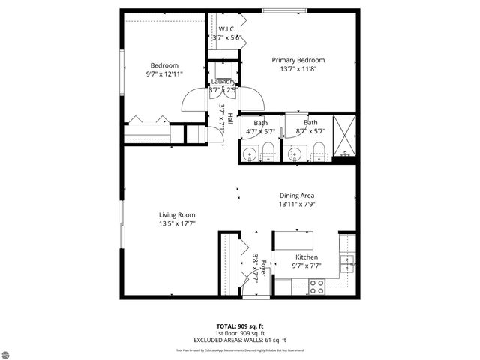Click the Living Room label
click(177, 214)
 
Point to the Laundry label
click(223, 81)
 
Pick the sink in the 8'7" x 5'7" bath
click(294, 155)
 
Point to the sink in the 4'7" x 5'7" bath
click(250, 155)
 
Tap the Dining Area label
click(297, 195)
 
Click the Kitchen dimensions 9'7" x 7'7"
click(307, 265)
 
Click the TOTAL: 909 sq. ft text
click(240, 326)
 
